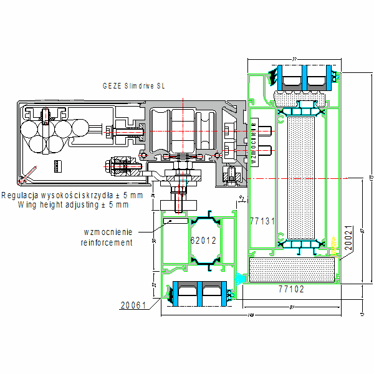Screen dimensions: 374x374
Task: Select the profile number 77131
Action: pyautogui.click(x=262, y=221)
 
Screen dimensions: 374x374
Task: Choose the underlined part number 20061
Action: pyautogui.click(x=133, y=305)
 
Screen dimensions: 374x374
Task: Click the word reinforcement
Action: pyautogui.click(x=107, y=242)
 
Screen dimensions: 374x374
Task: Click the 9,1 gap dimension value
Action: pyautogui.click(x=242, y=198)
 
